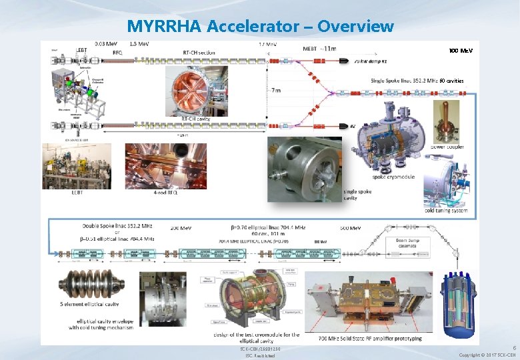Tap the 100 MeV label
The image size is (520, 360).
tap(461, 51)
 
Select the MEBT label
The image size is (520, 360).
tap(310, 48)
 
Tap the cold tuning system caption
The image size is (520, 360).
tap(445, 211)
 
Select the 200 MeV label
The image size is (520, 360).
tap(181, 228)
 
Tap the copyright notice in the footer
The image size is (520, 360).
tap(489, 355)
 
